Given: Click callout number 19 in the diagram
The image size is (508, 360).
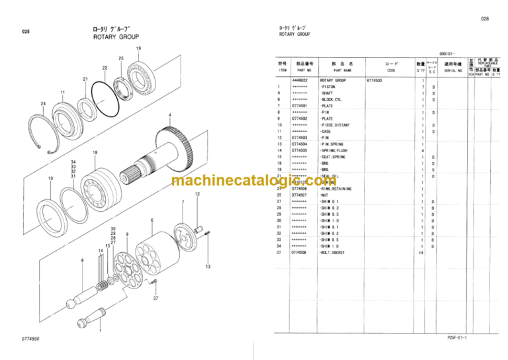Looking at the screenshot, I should point(138,48).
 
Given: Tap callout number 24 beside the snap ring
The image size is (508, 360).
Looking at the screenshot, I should point(43,104).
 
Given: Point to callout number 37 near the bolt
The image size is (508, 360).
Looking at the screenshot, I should point(156,298).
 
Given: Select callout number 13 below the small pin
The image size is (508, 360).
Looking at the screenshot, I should point(207,267).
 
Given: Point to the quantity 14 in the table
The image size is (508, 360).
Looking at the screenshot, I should point(421,252).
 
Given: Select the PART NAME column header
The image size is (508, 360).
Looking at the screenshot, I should point(343,69).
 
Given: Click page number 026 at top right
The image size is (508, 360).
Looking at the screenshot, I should point(485,19).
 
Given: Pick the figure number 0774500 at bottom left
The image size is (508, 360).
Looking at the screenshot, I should point(30,339).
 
